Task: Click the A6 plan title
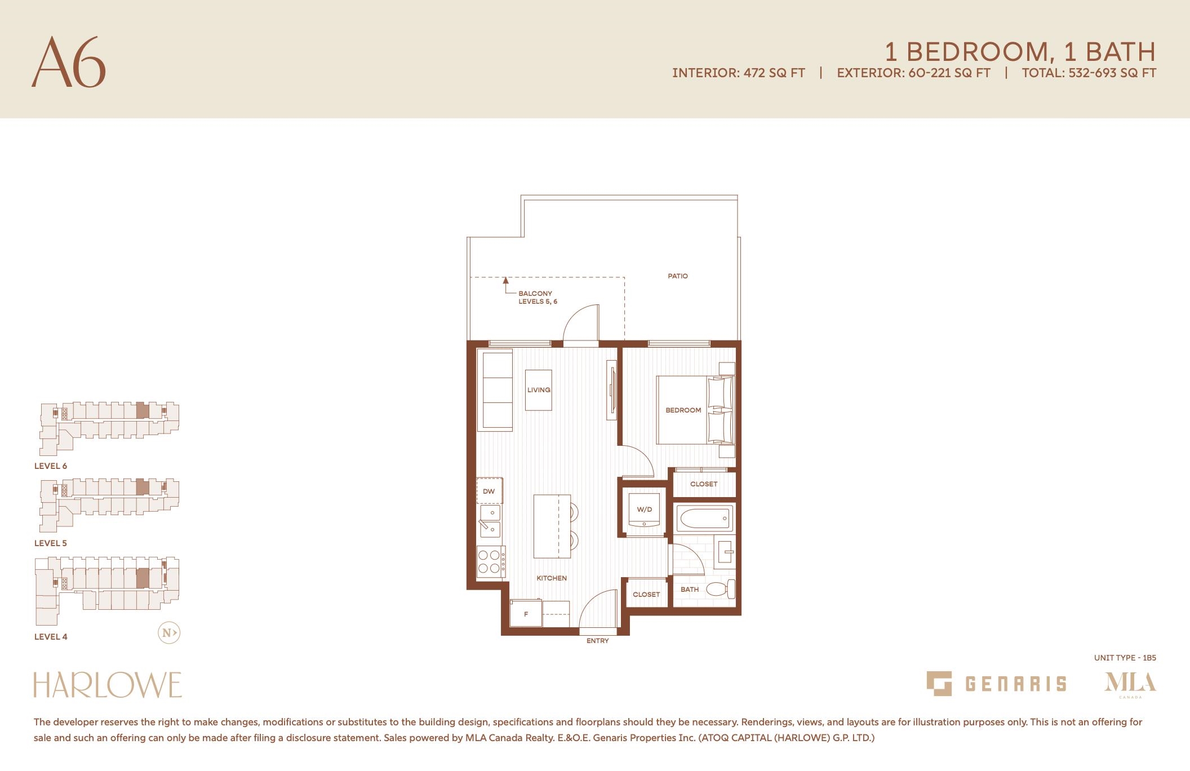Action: click(x=69, y=62)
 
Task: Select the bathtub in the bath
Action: click(x=704, y=518)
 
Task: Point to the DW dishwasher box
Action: click(x=489, y=491)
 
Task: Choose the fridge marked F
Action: click(x=526, y=613)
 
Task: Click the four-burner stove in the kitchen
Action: click(x=491, y=561)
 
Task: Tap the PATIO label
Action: click(x=678, y=276)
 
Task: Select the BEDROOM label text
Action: click(x=683, y=410)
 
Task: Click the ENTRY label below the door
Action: click(x=597, y=641)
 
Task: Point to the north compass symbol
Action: click(x=168, y=633)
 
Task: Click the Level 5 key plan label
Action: click(x=51, y=543)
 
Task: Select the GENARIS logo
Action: click(x=996, y=684)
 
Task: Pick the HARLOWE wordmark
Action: click(x=108, y=685)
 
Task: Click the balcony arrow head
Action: click(x=505, y=280)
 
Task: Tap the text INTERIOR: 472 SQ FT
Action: click(x=739, y=73)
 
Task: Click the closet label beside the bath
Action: click(x=646, y=595)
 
